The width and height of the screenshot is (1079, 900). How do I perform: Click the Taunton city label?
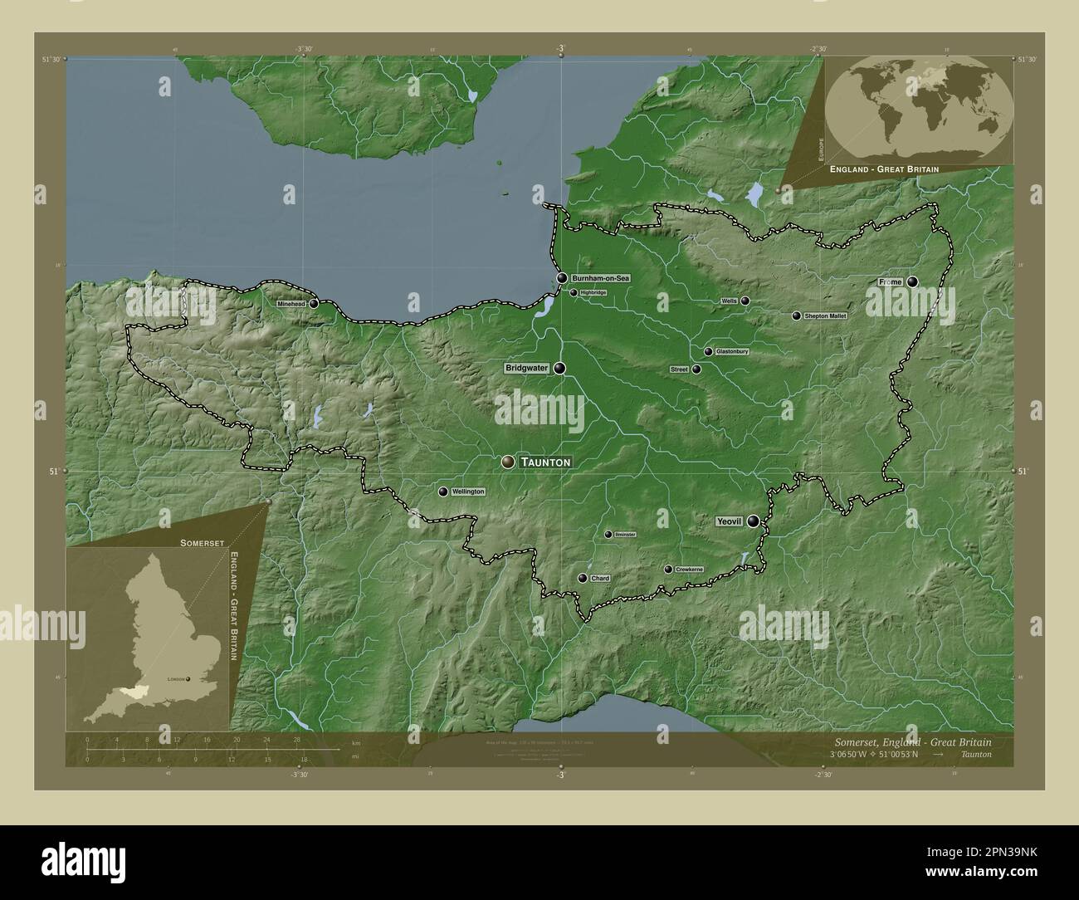(546, 462)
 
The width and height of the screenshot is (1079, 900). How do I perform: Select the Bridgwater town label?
(527, 368)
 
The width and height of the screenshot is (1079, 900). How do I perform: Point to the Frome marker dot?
(913, 282)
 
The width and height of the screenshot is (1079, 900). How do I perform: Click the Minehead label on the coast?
(292, 304)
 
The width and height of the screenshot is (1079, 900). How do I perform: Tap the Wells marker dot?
(745, 301)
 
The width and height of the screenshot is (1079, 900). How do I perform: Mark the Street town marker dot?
(696, 369)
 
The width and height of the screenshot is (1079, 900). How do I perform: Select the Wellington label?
(468, 492)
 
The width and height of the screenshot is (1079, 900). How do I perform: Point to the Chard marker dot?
(583, 579)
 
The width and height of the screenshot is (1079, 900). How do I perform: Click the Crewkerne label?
(689, 570)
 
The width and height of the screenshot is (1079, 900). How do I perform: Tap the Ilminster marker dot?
(608, 535)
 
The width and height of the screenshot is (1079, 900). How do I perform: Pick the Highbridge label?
(593, 293)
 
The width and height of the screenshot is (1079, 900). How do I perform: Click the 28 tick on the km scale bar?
(296, 739)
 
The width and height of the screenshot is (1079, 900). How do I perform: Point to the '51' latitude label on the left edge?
(53, 471)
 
